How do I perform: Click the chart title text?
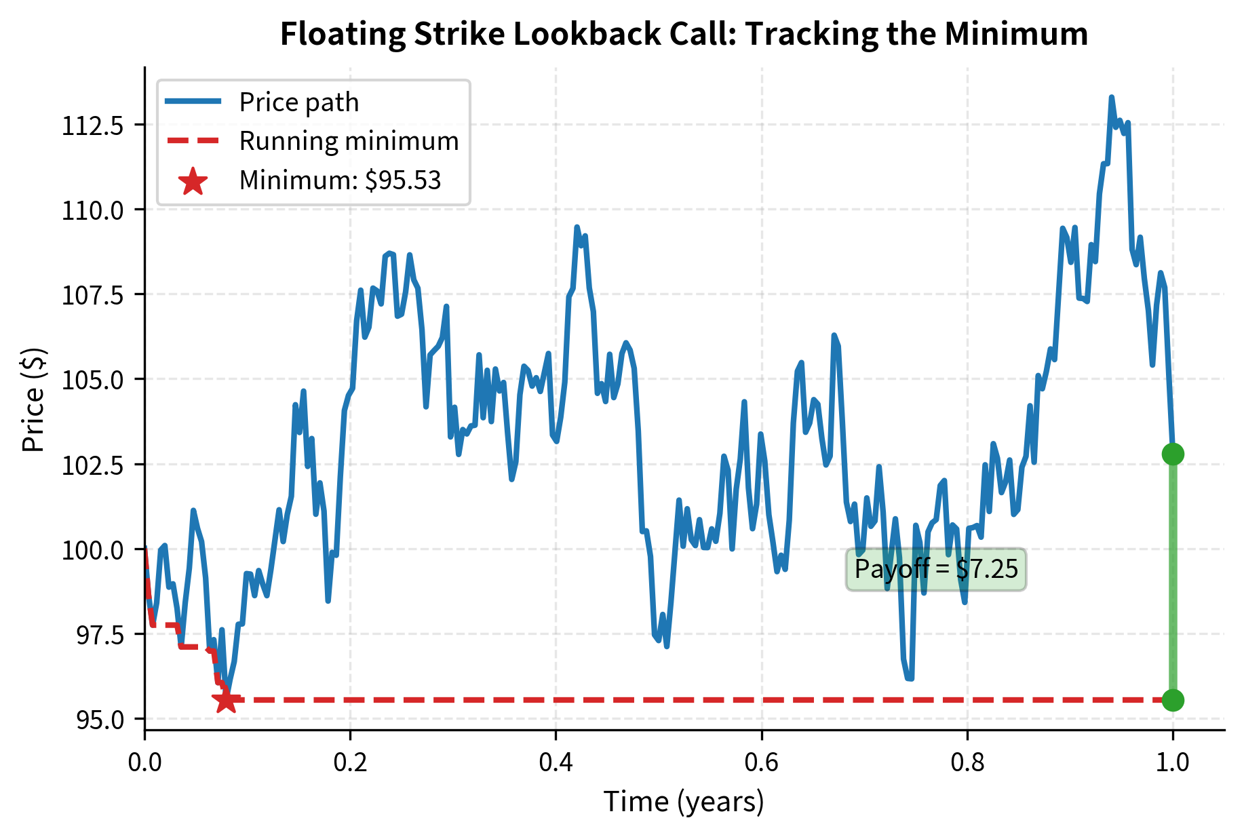pyautogui.click(x=684, y=34)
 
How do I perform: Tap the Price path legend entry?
pyautogui.click(x=298, y=102)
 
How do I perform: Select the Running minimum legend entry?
pyautogui.click(x=349, y=141)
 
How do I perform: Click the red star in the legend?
pyautogui.click(x=193, y=181)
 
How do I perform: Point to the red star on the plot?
pyautogui.click(x=226, y=701)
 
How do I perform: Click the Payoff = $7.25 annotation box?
pyautogui.click(x=936, y=569)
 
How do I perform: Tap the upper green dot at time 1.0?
pyautogui.click(x=1173, y=454)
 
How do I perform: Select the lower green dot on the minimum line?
pyautogui.click(x=1173, y=700)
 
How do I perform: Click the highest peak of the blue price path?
pyautogui.click(x=1111, y=98)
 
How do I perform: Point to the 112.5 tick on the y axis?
pyautogui.click(x=93, y=125)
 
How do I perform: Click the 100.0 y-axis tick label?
pyautogui.click(x=93, y=549)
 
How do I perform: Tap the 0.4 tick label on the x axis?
pyautogui.click(x=556, y=762)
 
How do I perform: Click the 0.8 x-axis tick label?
pyautogui.click(x=967, y=762)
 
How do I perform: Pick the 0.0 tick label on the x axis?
pyautogui.click(x=144, y=762)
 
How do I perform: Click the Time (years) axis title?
pyautogui.click(x=684, y=802)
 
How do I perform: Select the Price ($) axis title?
pyautogui.click(x=33, y=400)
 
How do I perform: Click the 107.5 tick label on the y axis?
pyautogui.click(x=93, y=295)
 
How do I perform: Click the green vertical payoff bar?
pyautogui.click(x=1173, y=577)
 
